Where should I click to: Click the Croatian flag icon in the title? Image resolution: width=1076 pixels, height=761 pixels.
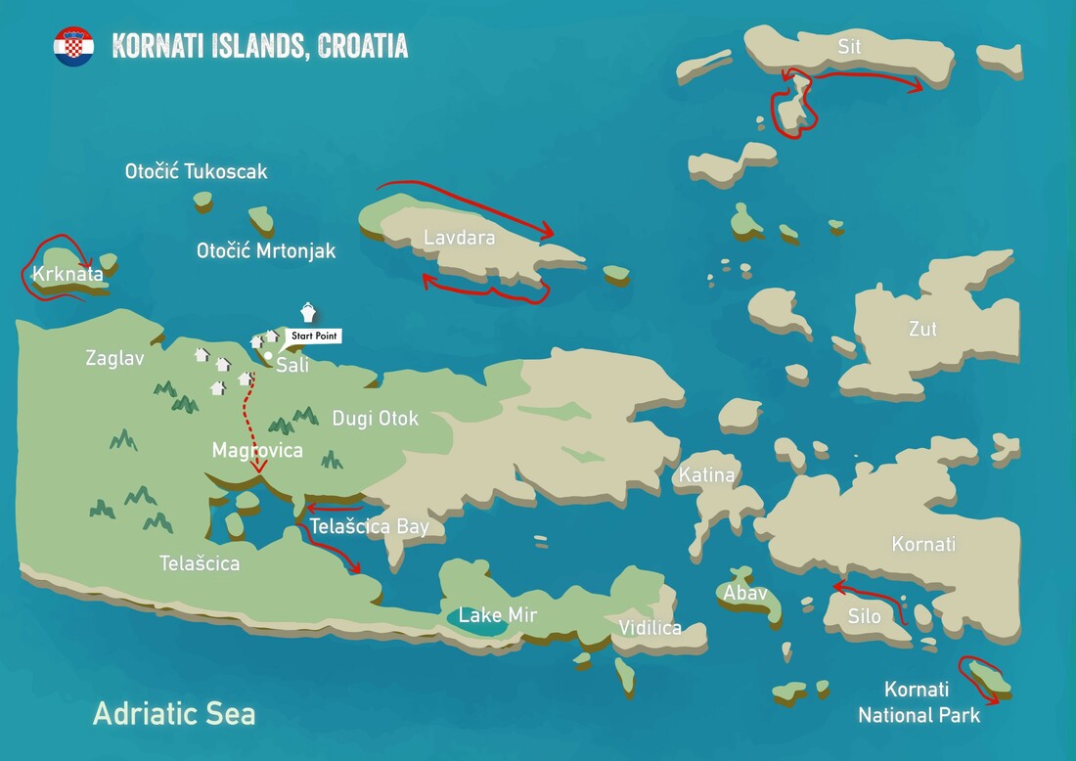click(x=73, y=46)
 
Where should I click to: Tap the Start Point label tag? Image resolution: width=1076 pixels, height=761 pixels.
click(x=315, y=336)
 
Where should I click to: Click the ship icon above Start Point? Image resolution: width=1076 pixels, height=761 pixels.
click(x=308, y=312)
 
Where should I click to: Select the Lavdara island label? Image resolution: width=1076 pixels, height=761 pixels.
click(x=459, y=238)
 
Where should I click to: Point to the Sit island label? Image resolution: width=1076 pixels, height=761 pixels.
click(x=849, y=46)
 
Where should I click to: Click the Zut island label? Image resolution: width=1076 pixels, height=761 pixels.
click(x=922, y=330)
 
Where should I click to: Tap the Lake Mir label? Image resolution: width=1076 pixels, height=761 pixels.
click(x=498, y=615)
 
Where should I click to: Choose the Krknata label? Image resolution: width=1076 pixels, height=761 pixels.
click(x=67, y=274)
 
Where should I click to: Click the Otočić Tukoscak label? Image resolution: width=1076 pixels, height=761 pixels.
click(x=196, y=172)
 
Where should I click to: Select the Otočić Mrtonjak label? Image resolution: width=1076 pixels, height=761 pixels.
click(x=266, y=251)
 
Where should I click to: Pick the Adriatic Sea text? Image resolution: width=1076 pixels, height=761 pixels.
click(x=174, y=713)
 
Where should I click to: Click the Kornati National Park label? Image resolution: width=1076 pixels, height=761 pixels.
click(x=919, y=702)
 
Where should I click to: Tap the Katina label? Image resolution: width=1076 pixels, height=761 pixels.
click(x=705, y=475)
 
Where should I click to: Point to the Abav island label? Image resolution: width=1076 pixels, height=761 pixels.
click(x=745, y=593)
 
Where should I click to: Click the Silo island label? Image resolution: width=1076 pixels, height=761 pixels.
click(x=864, y=616)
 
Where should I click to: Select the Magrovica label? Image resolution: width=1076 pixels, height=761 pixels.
click(x=257, y=451)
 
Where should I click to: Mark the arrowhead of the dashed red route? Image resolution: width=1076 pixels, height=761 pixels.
click(x=259, y=469)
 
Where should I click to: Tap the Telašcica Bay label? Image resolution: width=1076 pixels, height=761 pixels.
click(x=369, y=527)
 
